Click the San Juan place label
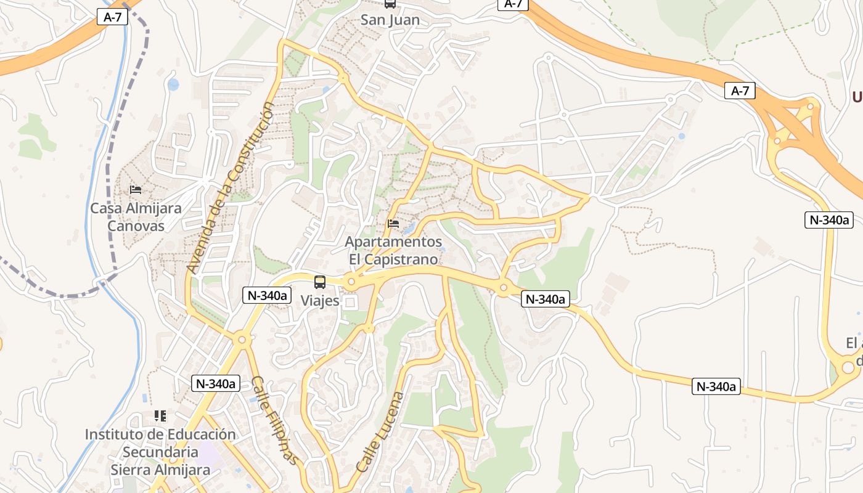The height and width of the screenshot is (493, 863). click(390, 20)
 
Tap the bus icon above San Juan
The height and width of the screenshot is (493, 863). click(390, 4)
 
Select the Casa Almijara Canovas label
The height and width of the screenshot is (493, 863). click(136, 217)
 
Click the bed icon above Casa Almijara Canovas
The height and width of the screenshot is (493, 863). click(136, 190)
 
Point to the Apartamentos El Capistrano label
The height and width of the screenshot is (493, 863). click(393, 250)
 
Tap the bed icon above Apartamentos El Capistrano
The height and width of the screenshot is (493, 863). click(393, 224)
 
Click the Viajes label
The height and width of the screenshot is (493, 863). click(320, 301)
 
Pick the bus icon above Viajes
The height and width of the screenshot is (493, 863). click(320, 282)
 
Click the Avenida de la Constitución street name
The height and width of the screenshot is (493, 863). click(231, 189)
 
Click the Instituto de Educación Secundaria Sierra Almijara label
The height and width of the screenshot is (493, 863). click(160, 452)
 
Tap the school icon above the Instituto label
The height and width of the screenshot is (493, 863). click(160, 416)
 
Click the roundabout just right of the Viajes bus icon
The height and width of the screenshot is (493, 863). click(352, 282)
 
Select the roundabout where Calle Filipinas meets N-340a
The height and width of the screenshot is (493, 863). click(241, 338)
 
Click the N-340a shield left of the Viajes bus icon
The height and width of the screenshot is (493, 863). click(267, 295)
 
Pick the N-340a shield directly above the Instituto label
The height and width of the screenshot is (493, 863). click(215, 383)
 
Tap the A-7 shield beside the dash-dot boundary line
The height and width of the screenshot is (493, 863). click(112, 17)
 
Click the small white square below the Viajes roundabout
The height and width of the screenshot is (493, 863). click(351, 303)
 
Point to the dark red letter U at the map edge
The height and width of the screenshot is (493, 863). click(857, 97)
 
